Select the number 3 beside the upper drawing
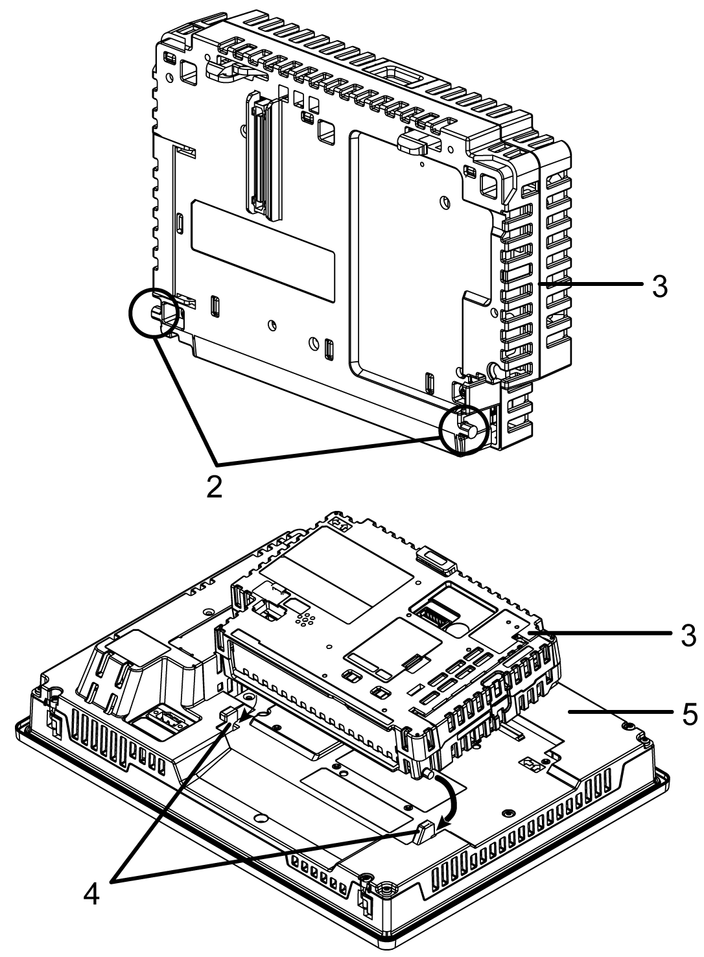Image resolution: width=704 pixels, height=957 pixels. (x=659, y=286)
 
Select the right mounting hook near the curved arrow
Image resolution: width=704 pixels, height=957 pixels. (x=423, y=831)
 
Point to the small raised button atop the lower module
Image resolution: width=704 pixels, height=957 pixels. (x=434, y=560)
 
